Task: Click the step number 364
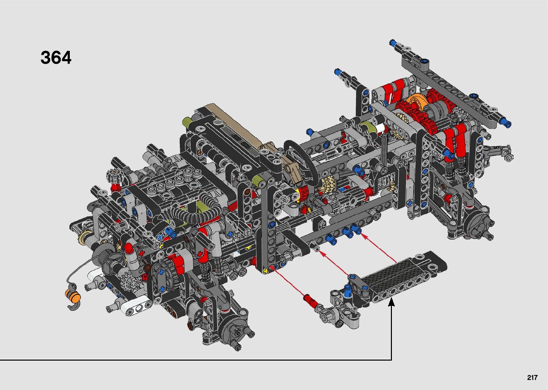[x=56, y=58]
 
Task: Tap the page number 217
[x=532, y=377]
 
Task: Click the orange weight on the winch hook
[x=73, y=295]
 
